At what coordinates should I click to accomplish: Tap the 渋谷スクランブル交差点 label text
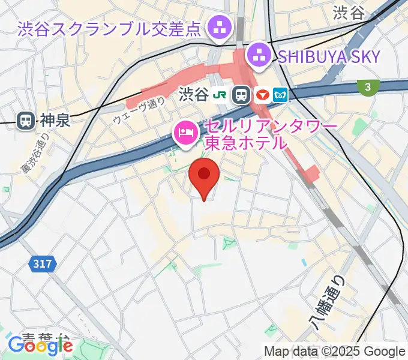(109, 28)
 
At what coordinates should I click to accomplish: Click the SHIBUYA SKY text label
(329, 57)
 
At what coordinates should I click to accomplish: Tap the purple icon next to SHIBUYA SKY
(260, 57)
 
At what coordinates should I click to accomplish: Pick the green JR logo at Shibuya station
(222, 94)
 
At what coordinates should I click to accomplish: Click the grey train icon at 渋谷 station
(242, 94)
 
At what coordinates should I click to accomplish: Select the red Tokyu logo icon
(262, 94)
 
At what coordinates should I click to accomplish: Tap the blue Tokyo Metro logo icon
(281, 94)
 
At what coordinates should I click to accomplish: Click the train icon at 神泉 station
(26, 120)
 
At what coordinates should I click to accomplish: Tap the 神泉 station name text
(55, 120)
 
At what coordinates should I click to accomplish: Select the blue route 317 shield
(42, 263)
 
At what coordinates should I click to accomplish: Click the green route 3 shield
(367, 87)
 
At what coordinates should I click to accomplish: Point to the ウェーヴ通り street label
(139, 111)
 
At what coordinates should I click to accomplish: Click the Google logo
(40, 346)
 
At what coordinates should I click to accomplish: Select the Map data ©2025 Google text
(335, 351)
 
